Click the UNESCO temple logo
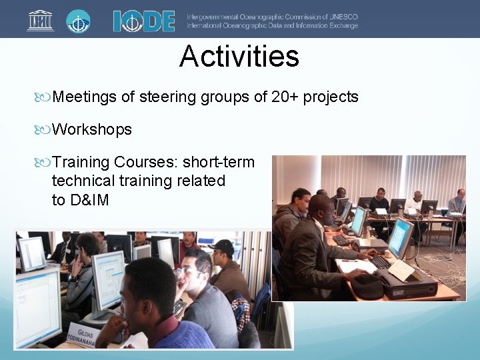(40, 20)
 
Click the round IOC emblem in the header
(78, 21)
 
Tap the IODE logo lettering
(143, 21)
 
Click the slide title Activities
(239, 57)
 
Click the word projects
(331, 97)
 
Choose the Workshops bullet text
(92, 129)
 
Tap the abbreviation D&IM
(89, 200)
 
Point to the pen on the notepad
(349, 261)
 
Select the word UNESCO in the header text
(341, 17)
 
